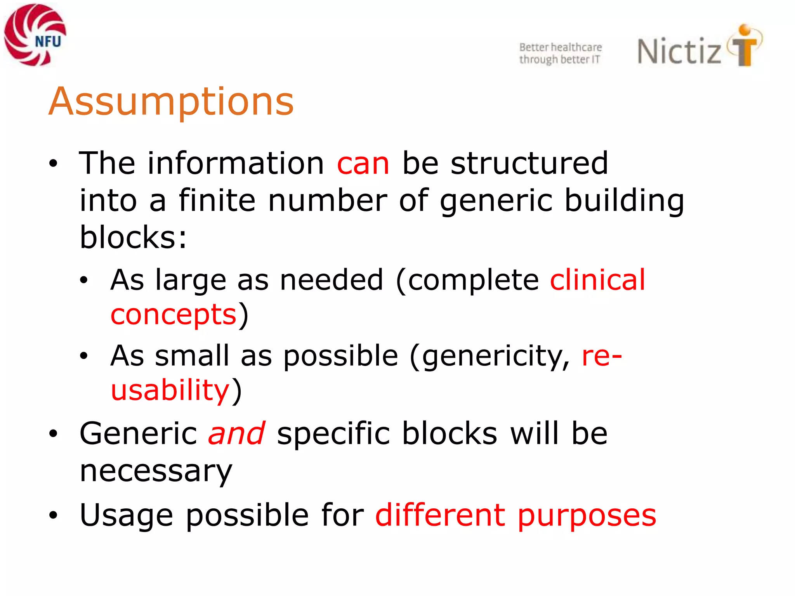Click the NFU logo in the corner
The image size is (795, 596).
35,35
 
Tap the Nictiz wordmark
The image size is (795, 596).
679,51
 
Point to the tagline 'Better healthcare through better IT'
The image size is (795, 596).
560,53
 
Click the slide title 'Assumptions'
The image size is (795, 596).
171,102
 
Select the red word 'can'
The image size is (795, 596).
363,163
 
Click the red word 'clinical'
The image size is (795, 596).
597,280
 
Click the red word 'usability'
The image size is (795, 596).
170,390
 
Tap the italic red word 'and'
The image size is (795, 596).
237,433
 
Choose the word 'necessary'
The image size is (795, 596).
156,471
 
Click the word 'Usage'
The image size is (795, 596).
126,515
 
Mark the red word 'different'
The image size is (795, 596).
440,515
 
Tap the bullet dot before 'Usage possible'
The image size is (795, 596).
53,515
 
